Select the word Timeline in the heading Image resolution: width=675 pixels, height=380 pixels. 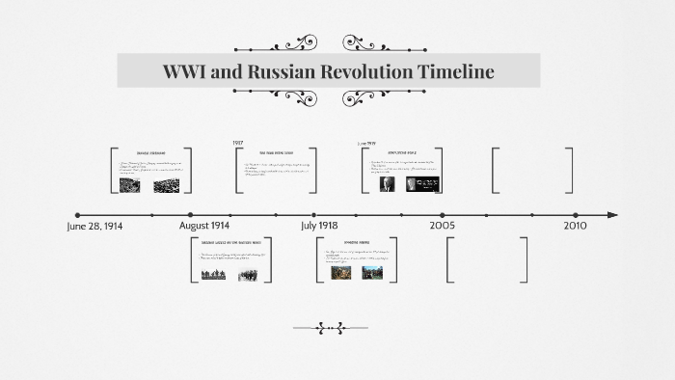(x=457, y=71)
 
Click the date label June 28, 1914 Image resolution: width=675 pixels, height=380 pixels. (x=94, y=226)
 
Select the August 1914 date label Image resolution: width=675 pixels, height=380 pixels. (x=204, y=226)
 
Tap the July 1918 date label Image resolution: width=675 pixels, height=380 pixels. (x=318, y=226)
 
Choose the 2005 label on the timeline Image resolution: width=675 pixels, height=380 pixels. (x=443, y=226)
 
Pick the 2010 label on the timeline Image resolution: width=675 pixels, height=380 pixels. (x=575, y=226)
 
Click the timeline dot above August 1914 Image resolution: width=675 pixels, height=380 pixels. (x=191, y=215)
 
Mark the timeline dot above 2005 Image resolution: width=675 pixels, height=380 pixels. (x=443, y=215)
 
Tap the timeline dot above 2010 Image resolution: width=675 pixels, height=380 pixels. (x=576, y=215)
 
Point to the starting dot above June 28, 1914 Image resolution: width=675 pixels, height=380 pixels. (x=77, y=215)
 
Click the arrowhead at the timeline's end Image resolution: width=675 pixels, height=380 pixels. (x=612, y=215)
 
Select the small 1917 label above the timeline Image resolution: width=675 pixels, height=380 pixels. (x=238, y=143)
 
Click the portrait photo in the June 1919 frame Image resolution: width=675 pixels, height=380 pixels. (x=387, y=184)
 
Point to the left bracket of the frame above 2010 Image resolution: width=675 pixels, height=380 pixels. (x=495, y=170)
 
